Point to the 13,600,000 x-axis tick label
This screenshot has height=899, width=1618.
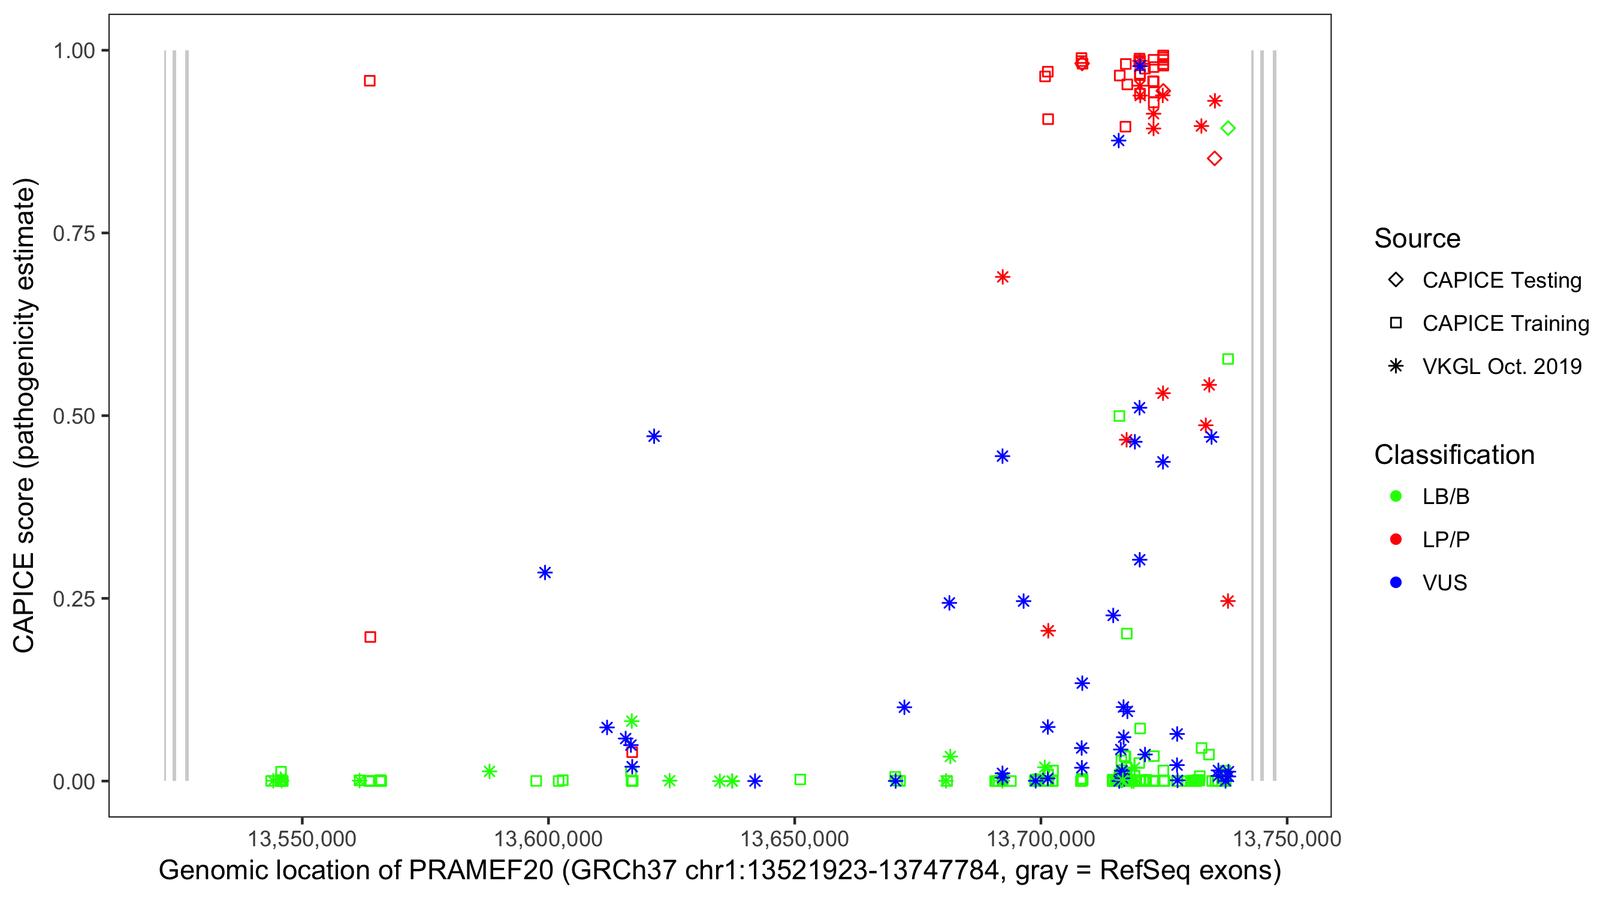click(548, 838)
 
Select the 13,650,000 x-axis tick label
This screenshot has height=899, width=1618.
click(795, 838)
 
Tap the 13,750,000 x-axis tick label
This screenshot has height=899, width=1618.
click(1287, 838)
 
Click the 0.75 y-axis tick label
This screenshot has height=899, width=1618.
click(73, 233)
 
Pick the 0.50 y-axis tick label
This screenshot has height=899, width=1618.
click(73, 416)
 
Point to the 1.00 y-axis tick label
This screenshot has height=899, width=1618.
click(73, 50)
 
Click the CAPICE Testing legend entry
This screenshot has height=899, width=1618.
click(1501, 280)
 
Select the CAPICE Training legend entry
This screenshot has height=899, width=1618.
click(1505, 324)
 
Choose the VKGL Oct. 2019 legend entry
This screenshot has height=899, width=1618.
click(1501, 366)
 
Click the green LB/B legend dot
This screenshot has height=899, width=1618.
click(1396, 496)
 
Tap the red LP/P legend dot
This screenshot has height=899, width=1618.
click(1396, 539)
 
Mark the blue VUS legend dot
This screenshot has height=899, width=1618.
click(1396, 583)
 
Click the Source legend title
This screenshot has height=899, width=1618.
click(1417, 239)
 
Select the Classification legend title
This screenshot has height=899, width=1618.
click(1453, 455)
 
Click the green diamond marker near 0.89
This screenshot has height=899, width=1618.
click(1228, 128)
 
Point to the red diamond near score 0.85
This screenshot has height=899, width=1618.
click(1214, 158)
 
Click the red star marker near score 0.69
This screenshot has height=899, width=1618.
click(1003, 277)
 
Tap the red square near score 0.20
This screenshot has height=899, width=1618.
click(370, 637)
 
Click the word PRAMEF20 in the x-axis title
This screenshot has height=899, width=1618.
click(481, 871)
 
